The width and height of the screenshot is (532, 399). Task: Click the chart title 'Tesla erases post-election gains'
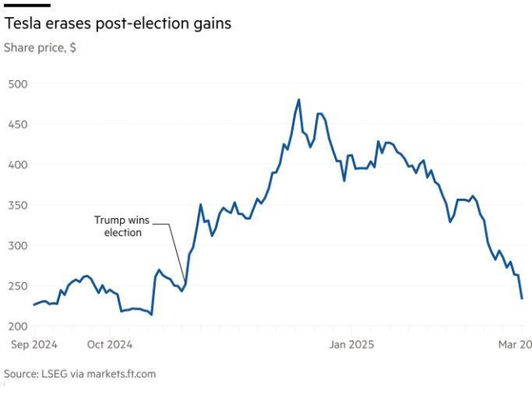(118, 24)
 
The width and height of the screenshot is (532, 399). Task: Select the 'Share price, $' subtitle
(41, 48)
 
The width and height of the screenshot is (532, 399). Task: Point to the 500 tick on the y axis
(18, 84)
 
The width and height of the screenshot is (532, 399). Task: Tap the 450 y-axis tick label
(18, 124)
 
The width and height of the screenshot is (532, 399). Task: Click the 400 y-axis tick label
(18, 165)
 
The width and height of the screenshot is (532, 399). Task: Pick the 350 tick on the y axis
(18, 205)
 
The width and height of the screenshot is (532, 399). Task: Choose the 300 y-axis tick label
(18, 245)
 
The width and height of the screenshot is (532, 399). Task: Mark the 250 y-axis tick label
(18, 285)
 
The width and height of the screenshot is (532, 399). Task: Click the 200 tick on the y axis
(18, 326)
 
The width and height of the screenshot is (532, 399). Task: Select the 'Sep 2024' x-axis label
(34, 345)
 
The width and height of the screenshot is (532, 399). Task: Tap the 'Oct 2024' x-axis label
(109, 345)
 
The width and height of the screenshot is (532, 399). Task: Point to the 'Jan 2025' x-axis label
(351, 345)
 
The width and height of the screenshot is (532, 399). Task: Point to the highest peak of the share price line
(298, 100)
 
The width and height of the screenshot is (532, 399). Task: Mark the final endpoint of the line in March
(521, 298)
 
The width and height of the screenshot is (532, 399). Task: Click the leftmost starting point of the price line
(34, 305)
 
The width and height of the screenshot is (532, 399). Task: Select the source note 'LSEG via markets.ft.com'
(79, 374)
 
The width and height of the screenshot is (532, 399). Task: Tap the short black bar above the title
(21, 5)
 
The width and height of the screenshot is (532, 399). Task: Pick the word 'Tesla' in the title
(23, 24)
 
